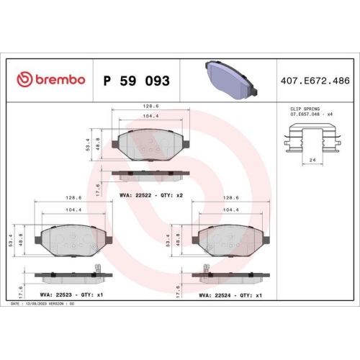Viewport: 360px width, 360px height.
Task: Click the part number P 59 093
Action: tap(137, 81)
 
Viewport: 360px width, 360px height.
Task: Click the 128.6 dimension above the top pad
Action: tap(150, 106)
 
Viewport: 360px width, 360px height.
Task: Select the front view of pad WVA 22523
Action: tap(71, 238)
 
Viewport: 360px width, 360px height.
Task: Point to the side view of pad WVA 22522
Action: tap(150, 175)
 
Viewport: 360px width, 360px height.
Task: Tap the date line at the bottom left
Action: tap(43, 305)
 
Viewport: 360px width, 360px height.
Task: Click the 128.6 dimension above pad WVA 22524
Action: tap(230, 197)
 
